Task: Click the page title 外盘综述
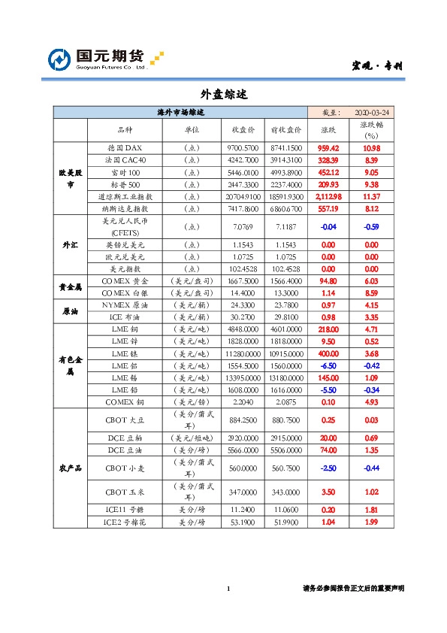pyautogui.click(x=223, y=95)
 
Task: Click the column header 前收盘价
pyautogui.click(x=285, y=129)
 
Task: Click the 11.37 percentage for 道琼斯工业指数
pyautogui.click(x=371, y=196)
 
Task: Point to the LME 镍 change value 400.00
pyautogui.click(x=328, y=353)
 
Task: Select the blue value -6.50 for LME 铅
pyautogui.click(x=328, y=365)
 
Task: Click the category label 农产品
pyautogui.click(x=70, y=468)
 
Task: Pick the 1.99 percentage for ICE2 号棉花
pyautogui.click(x=371, y=522)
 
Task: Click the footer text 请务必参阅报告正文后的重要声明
pyautogui.click(x=352, y=589)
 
